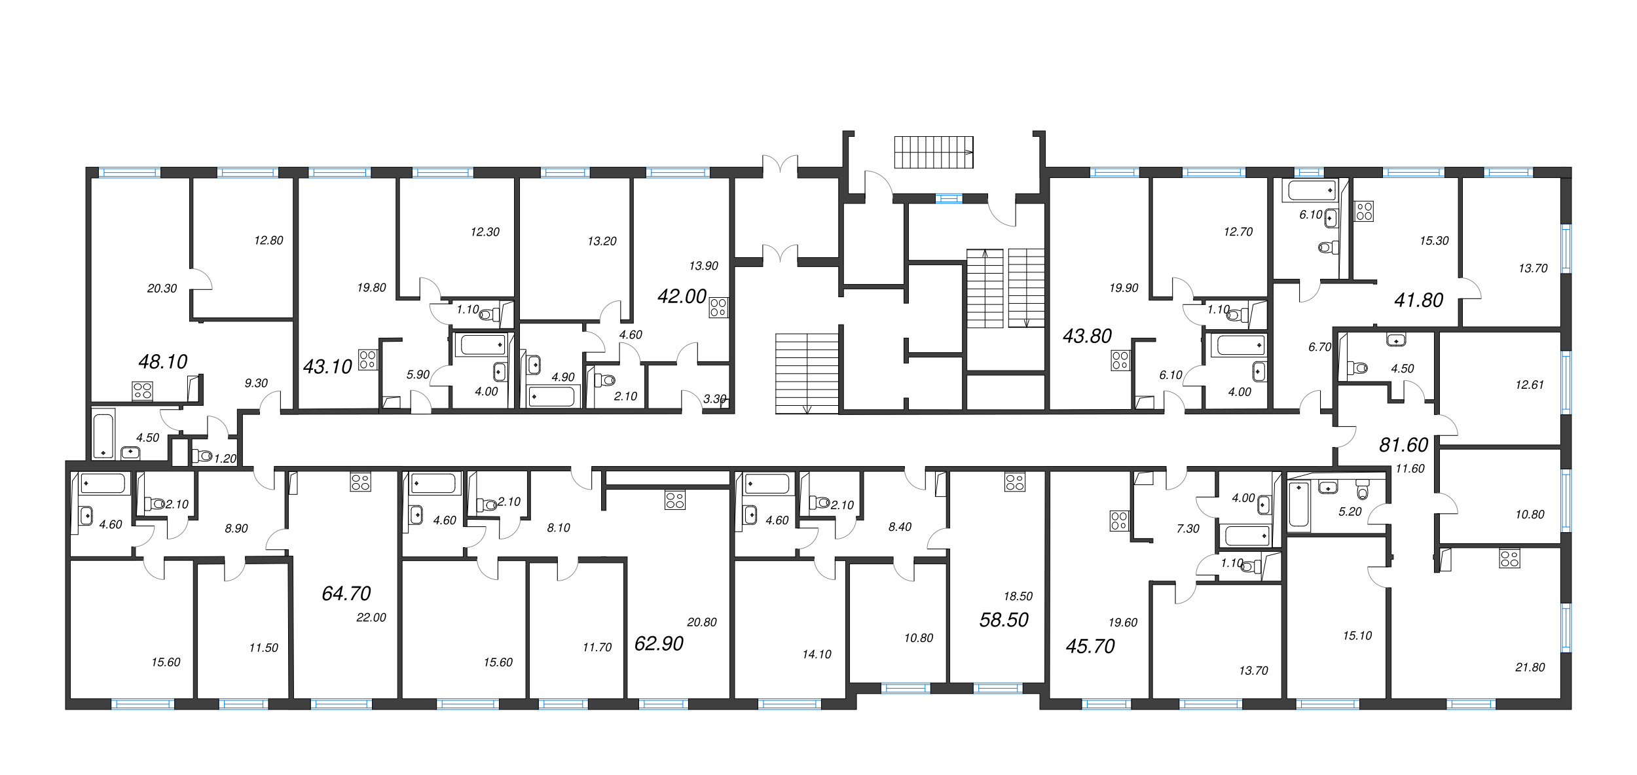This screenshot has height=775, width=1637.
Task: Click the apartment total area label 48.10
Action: (163, 361)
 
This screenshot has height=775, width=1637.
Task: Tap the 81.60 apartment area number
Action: (1403, 445)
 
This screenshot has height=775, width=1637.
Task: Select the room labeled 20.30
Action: (162, 288)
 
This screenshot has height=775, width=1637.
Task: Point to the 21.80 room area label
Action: (1530, 667)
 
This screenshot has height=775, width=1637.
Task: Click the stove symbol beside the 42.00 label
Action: (718, 308)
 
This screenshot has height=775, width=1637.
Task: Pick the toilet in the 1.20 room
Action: (202, 456)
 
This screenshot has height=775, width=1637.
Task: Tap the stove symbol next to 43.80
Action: (1120, 361)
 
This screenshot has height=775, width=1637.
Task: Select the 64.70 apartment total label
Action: (346, 593)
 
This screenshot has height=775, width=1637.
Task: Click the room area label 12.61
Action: (1530, 385)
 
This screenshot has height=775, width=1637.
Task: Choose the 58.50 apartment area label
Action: (1004, 619)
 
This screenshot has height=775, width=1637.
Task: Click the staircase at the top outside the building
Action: (934, 153)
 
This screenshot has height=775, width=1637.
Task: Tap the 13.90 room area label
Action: (703, 266)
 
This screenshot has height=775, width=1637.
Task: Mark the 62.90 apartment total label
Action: (659, 643)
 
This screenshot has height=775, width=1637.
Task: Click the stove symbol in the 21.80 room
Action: (1509, 558)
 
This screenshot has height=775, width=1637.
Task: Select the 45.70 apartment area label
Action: (1090, 646)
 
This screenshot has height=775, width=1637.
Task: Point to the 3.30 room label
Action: (714, 399)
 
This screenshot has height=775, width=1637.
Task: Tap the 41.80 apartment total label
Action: (1419, 300)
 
